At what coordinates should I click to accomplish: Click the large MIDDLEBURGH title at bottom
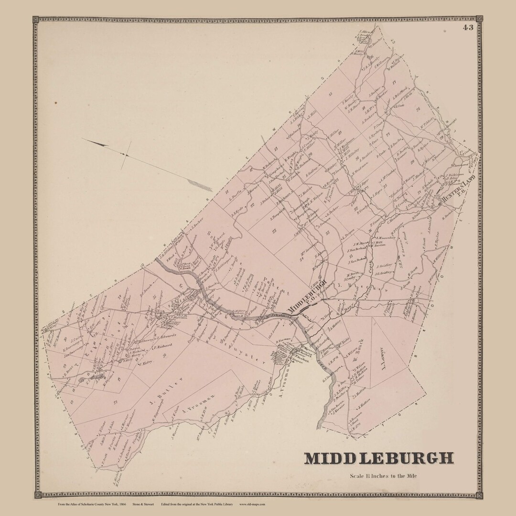pyautogui.click(x=379, y=458)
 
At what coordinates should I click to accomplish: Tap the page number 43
pyautogui.click(x=467, y=27)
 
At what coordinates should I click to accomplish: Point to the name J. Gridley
pyautogui.click(x=384, y=265)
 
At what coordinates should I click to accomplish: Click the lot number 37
pyautogui.click(x=115, y=402)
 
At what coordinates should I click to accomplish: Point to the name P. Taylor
pyautogui.click(x=435, y=239)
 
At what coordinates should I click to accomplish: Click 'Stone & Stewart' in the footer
pyautogui.click(x=140, y=504)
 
